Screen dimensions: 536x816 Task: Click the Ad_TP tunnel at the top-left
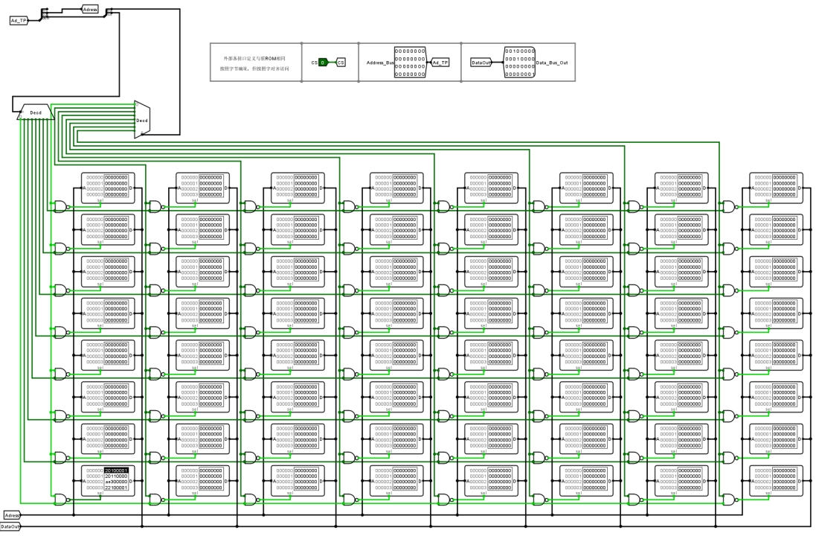[18, 20]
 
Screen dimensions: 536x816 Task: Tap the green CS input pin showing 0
[324, 63]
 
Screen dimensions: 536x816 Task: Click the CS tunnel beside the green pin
[341, 63]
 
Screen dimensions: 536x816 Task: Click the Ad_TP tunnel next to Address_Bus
[440, 63]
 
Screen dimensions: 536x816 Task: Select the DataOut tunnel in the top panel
[482, 63]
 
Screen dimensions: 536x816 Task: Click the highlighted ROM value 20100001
[117, 470]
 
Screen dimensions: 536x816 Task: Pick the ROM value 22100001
[116, 488]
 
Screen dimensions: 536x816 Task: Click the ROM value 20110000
[116, 476]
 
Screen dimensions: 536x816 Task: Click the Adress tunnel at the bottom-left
[12, 515]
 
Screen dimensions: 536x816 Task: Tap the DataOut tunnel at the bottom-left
[10, 526]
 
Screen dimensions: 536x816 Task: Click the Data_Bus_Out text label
[553, 63]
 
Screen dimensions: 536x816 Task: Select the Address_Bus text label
[379, 63]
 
